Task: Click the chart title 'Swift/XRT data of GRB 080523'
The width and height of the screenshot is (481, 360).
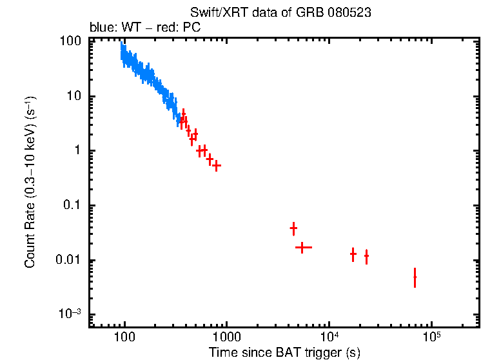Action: (x=280, y=13)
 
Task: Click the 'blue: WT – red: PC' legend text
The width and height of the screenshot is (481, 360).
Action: (x=144, y=28)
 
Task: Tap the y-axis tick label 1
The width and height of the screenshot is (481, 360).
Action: (x=77, y=151)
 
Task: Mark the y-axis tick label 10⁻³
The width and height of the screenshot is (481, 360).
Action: (x=69, y=314)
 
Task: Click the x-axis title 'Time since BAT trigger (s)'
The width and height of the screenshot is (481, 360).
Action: (x=284, y=352)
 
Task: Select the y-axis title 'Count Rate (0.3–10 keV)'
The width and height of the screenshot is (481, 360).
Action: (x=30, y=183)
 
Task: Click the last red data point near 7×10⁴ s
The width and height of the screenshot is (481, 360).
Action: (x=415, y=277)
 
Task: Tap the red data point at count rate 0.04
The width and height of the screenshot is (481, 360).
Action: (x=293, y=228)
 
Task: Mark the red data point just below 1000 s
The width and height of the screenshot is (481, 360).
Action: (x=217, y=166)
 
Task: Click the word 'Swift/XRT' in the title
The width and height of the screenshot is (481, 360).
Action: (x=215, y=13)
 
